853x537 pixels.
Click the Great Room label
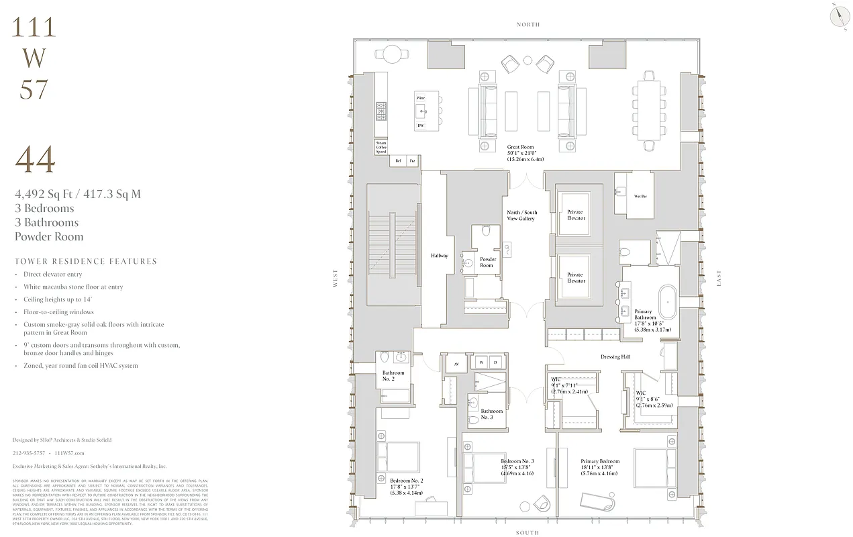click(525, 153)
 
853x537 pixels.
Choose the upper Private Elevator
click(575, 215)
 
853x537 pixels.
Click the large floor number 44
click(35, 160)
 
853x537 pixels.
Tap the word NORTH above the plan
click(528, 25)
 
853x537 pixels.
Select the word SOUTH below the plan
click(528, 533)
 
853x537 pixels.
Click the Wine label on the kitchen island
click(420, 98)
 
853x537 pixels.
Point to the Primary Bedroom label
click(600, 467)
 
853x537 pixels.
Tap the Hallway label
click(439, 256)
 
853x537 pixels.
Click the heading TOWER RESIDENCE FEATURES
click(85, 261)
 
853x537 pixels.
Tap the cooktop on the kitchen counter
click(381, 111)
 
